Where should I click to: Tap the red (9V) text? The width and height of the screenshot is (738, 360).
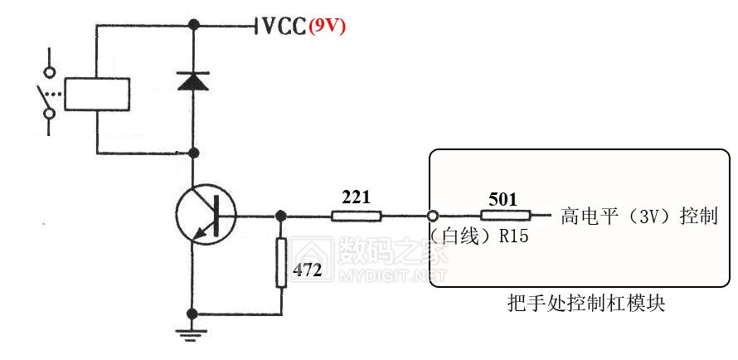tap(327, 27)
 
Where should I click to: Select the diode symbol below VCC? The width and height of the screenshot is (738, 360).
tap(193, 80)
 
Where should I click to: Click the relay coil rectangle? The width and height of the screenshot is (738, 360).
tap(97, 94)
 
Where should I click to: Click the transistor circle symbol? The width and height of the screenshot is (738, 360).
tap(206, 216)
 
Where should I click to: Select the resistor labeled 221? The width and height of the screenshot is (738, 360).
tap(356, 216)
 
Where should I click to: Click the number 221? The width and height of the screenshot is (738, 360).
tap(356, 197)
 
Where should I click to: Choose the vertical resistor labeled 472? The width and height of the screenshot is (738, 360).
tap(281, 262)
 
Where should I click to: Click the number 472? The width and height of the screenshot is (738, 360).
tap(308, 270)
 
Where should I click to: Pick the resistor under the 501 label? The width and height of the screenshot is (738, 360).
tap(504, 216)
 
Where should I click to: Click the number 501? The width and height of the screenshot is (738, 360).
tap(503, 199)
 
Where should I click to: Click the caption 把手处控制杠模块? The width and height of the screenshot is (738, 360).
tap(585, 304)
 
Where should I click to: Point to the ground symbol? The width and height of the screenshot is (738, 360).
tap(193, 334)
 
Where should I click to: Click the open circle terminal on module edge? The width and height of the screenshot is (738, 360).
tap(432, 216)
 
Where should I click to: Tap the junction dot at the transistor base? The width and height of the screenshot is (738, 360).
tap(281, 216)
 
